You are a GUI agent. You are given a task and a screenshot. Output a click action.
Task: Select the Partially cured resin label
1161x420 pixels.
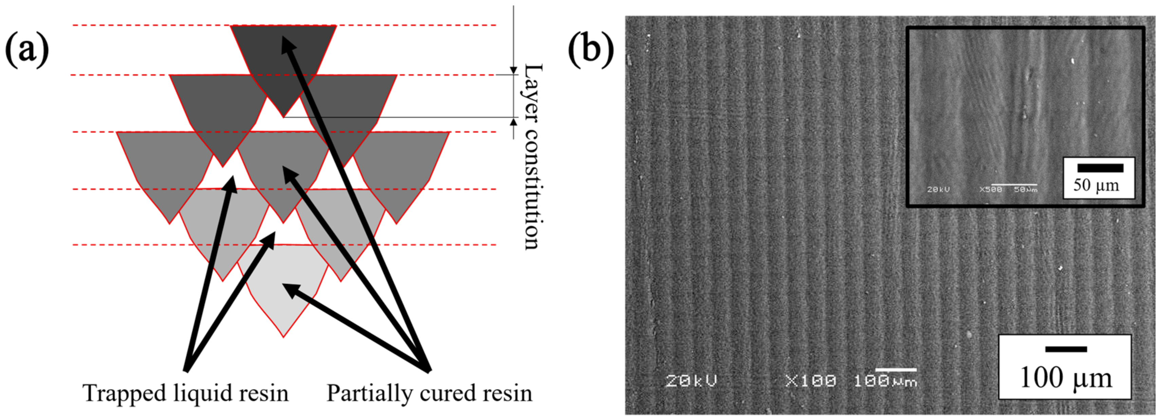coord(429,393)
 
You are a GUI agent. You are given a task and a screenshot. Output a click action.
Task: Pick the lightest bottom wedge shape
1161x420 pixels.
coord(283,289)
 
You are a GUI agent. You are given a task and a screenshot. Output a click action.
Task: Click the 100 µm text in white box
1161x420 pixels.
coord(1066,378)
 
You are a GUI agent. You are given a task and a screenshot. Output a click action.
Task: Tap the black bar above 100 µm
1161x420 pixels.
coord(1066,349)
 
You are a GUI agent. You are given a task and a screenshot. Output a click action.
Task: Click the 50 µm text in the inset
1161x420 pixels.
coord(1096,185)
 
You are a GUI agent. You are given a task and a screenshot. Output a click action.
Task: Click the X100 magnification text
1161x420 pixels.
coord(810,381)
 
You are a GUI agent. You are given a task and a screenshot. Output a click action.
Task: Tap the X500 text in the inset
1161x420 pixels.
coord(990,190)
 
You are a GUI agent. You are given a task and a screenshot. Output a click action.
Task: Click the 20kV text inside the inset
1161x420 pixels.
coord(938,190)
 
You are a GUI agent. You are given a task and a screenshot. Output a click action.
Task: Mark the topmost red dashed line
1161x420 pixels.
coord(149,25)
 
